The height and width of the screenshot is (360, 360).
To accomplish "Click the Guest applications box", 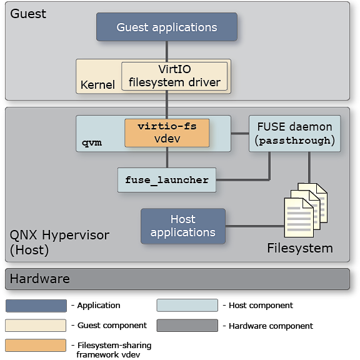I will [x=166, y=27].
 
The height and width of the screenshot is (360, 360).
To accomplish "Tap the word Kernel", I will [x=97, y=84].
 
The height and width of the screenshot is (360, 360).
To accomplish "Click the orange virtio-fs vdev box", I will [x=167, y=132].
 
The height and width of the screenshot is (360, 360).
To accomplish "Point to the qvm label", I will [x=91, y=142].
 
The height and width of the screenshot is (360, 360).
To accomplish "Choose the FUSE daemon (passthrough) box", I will [x=294, y=133].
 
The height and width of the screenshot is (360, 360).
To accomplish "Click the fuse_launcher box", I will [x=166, y=180].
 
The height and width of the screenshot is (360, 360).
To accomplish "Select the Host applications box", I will [x=182, y=226].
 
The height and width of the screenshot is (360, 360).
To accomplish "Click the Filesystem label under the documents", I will [x=300, y=248].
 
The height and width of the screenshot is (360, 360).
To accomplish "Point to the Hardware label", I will [x=40, y=279].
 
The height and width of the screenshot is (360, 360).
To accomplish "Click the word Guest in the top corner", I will [x=28, y=13].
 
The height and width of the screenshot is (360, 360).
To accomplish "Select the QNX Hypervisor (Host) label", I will [x=59, y=242].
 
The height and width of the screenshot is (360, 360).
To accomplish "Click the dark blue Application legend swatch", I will [x=36, y=306].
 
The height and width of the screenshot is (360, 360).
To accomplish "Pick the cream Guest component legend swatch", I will [x=36, y=326].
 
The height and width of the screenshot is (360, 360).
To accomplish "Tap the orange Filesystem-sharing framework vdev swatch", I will [x=36, y=345].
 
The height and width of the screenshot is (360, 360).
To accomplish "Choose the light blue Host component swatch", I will [x=187, y=306].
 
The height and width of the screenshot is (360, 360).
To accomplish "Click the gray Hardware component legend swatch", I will [x=187, y=326].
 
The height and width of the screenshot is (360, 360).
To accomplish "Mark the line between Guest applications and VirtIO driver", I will [x=166, y=50].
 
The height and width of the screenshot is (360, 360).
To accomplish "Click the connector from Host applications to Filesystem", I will [x=254, y=226].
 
